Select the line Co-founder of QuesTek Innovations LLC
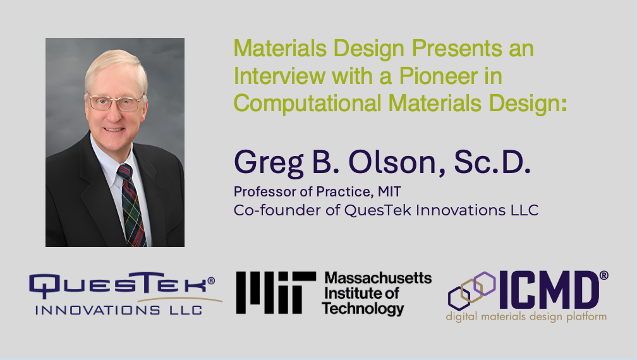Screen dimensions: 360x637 (x=386, y=210)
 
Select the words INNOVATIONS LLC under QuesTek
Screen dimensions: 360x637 (x=119, y=310)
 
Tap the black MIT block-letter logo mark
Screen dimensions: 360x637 (x=276, y=293)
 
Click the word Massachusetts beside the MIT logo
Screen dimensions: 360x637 (x=377, y=278)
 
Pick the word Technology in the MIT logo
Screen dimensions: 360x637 (x=362, y=308)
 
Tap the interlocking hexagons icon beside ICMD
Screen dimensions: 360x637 (x=471, y=290)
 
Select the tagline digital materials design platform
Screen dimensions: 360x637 (x=527, y=316)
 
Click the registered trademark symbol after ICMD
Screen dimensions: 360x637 (x=604, y=275)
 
